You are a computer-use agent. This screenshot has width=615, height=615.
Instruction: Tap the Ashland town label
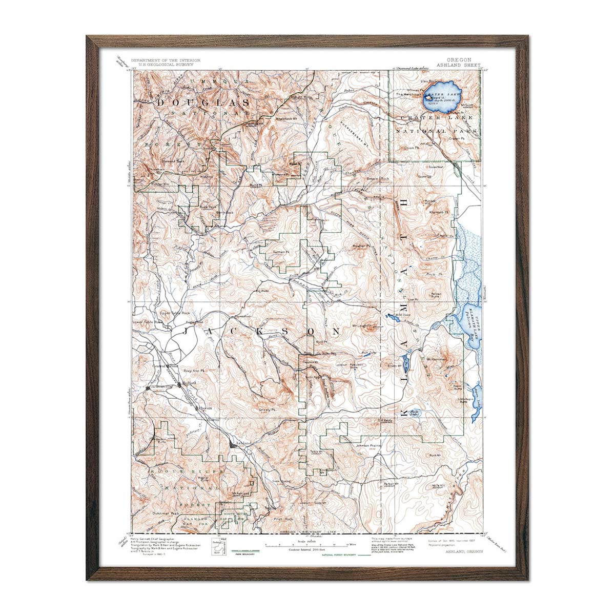pyautogui.click(x=242, y=442)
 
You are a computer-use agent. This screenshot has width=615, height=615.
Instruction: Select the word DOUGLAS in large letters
pyautogui.click(x=203, y=103)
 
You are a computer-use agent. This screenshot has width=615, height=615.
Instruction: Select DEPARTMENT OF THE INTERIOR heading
pyautogui.click(x=165, y=60)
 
